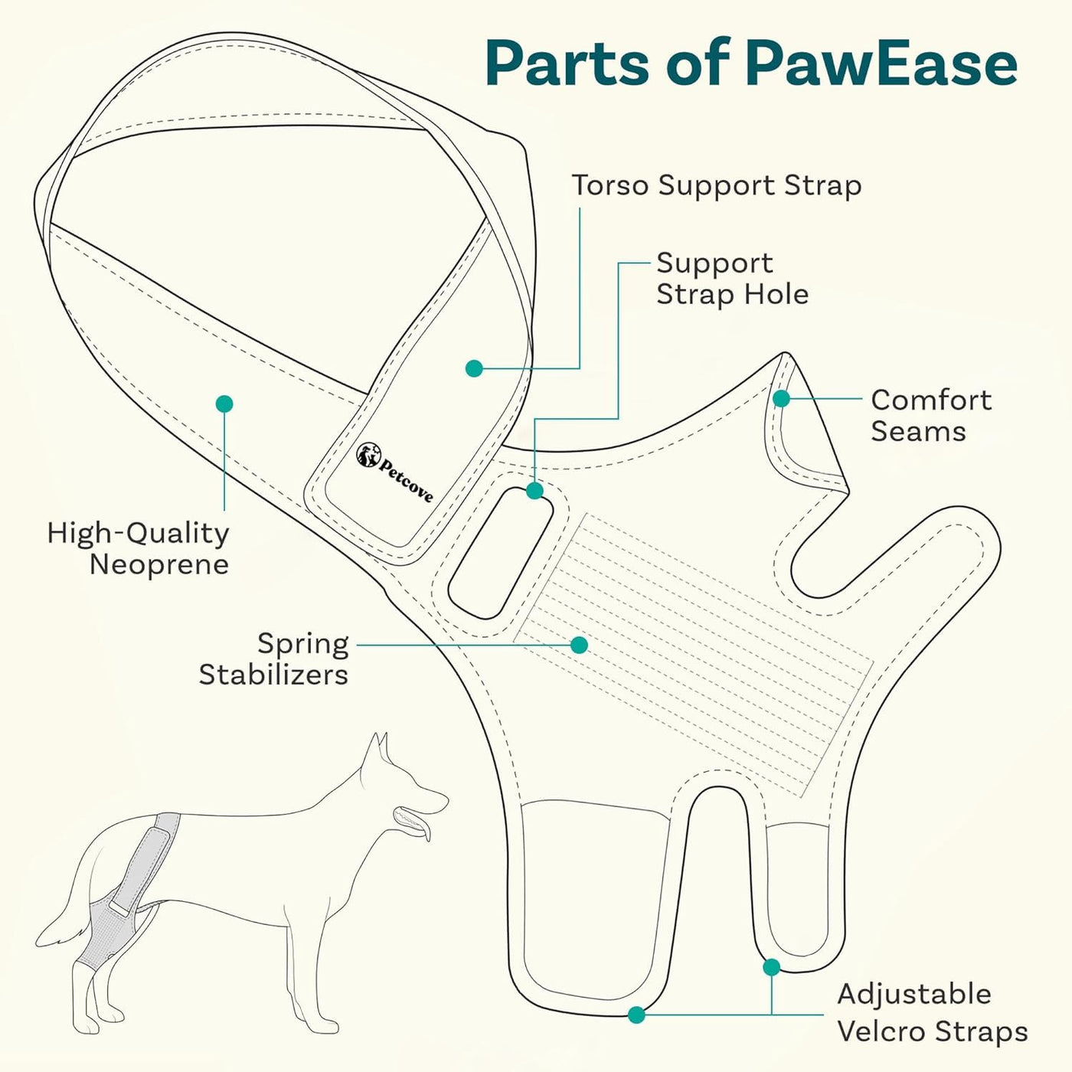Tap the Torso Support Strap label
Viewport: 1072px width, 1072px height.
[x=717, y=185]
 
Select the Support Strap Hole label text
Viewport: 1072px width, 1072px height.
[x=731, y=279]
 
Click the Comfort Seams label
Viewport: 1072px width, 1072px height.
[x=930, y=415]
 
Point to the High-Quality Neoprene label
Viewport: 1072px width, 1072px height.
[x=139, y=548]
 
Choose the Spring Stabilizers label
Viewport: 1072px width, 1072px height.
[x=274, y=659]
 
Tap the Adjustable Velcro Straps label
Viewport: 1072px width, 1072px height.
[x=932, y=1012]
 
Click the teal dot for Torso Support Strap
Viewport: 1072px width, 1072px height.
[x=474, y=368]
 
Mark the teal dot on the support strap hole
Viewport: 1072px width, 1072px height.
[x=534, y=491]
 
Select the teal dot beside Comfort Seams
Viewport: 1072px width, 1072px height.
[x=781, y=398]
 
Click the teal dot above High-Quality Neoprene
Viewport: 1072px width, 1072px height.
[x=224, y=404]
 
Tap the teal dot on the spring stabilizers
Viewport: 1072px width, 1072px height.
[x=579, y=645]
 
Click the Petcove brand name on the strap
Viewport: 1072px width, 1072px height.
[x=406, y=479]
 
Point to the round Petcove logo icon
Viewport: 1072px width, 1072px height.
[x=368, y=454]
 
